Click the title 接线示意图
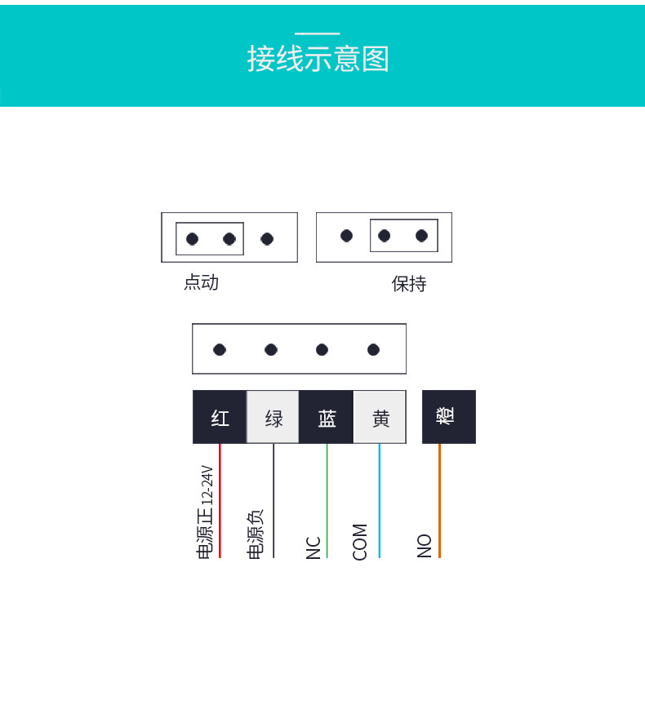tap(318, 60)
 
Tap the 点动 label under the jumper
tap(201, 282)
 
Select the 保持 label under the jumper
tap(409, 284)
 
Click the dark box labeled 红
tap(220, 417)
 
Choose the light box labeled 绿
tap(274, 417)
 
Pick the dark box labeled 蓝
tap(327, 417)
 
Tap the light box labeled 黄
tap(380, 417)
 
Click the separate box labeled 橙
tap(448, 416)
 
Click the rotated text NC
tap(314, 547)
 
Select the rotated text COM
tap(360, 542)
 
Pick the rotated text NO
tap(425, 546)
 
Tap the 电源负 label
tap(256, 534)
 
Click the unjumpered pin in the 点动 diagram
tap(267, 239)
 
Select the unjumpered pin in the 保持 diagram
tap(347, 236)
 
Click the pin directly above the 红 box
tap(220, 350)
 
